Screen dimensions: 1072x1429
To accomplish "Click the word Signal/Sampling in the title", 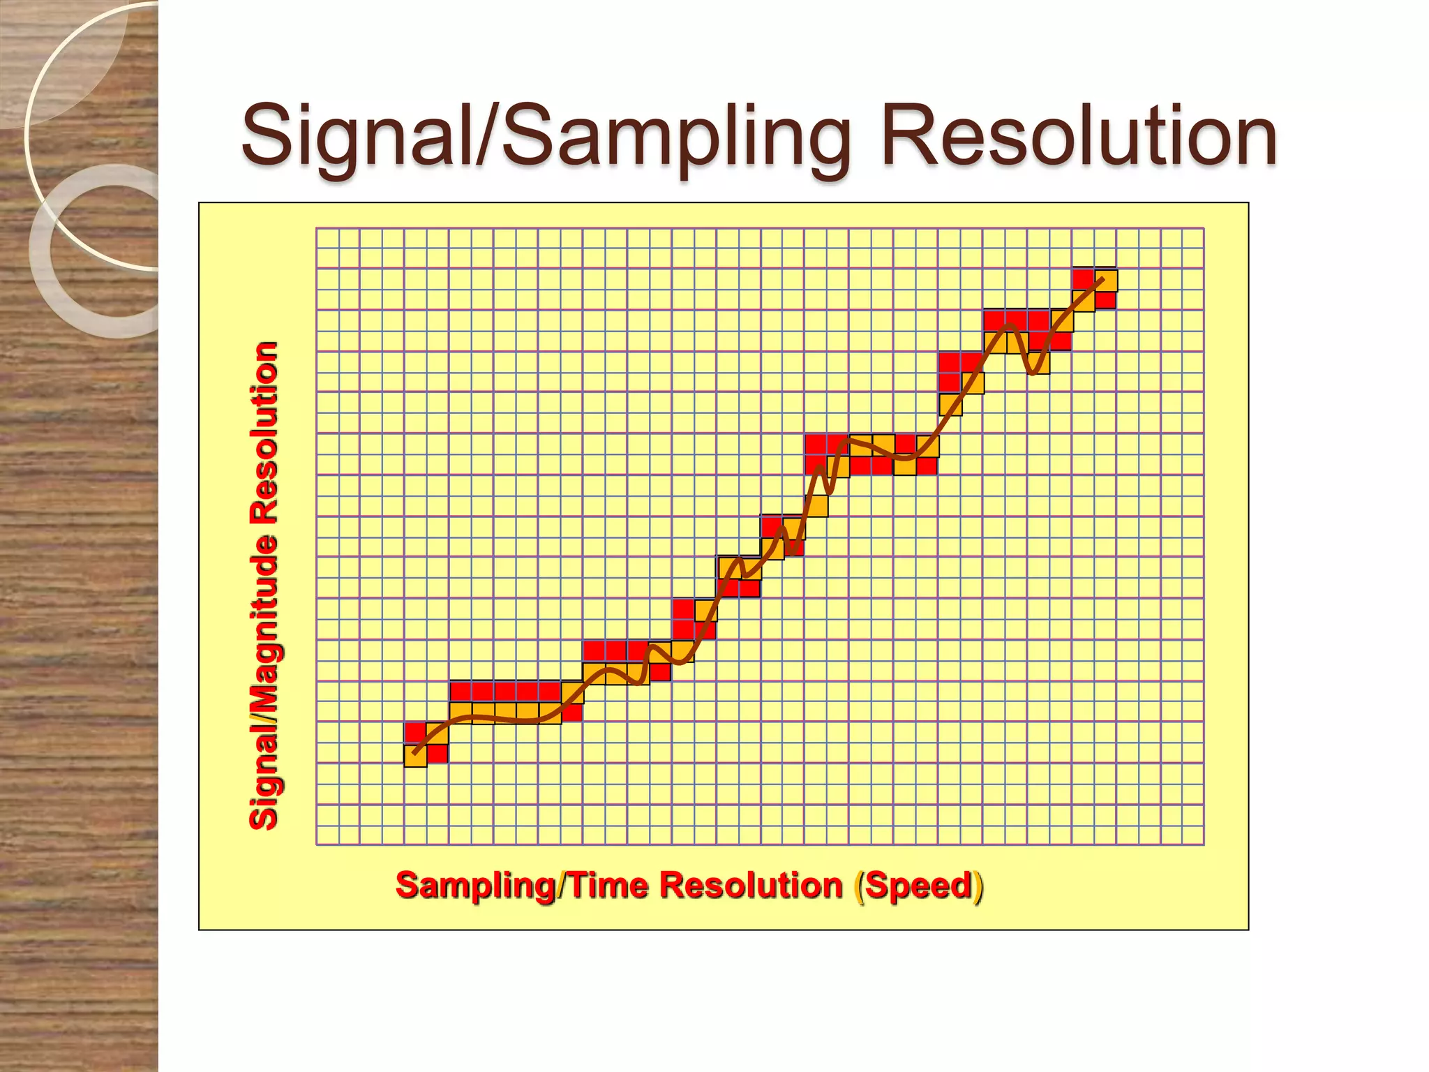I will click(545, 137).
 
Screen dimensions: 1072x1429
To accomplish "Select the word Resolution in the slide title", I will click(1078, 135).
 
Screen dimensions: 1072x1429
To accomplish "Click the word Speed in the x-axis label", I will click(918, 885).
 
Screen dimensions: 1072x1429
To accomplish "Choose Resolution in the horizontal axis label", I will click(751, 885).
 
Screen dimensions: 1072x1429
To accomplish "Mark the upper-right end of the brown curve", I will click(1102, 279).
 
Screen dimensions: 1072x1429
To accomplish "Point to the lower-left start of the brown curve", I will click(414, 753).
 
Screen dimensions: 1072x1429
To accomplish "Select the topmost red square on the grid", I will click(1083, 278).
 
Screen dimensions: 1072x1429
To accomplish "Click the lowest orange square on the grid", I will click(415, 755).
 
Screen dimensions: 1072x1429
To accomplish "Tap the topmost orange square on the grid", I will click(1106, 280).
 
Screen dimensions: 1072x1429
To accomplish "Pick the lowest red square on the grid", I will click(437, 754).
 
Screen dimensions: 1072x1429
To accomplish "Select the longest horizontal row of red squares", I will click(505, 691).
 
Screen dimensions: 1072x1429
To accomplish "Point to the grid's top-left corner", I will click(317, 228).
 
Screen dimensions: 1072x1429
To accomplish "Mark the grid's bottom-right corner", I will click(1204, 844).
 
